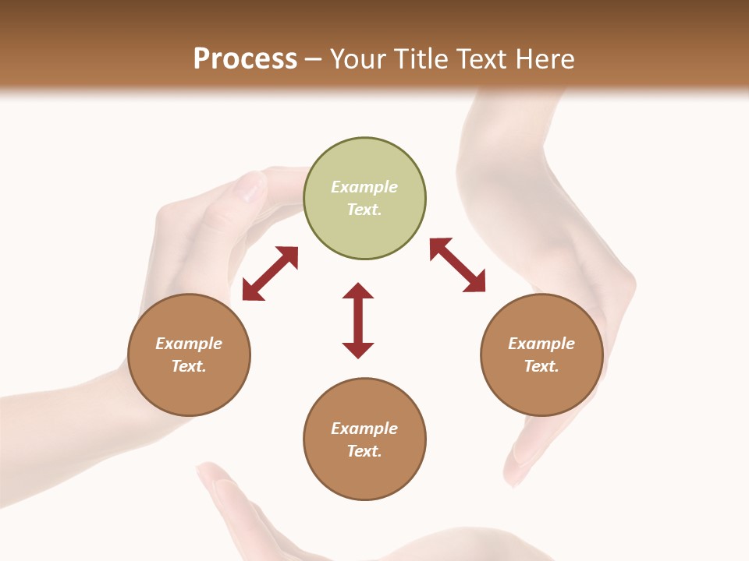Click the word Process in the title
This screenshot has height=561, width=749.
(245, 59)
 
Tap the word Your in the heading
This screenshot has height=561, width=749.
(359, 59)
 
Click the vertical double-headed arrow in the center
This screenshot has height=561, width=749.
(358, 320)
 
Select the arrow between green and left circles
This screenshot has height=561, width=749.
(270, 273)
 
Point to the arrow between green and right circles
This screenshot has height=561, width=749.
(457, 266)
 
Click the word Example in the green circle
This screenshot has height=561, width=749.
(364, 187)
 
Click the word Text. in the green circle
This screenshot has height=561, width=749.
(364, 210)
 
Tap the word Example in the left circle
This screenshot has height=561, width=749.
(189, 344)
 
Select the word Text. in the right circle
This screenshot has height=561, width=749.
(541, 366)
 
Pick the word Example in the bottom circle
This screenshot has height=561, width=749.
(364, 429)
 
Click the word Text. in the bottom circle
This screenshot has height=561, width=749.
(364, 451)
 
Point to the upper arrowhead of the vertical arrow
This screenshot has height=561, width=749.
(358, 291)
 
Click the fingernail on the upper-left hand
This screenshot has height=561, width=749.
(251, 187)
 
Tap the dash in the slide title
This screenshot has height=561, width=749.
(314, 59)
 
